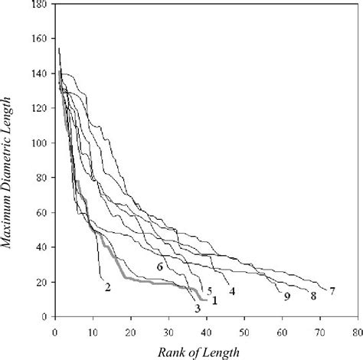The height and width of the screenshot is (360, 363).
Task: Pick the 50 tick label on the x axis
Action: pos(244,326)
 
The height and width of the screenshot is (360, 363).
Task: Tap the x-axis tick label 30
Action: pos(168,326)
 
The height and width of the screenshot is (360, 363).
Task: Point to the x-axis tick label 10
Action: pos(92,326)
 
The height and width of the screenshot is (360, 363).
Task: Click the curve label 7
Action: pos(333,291)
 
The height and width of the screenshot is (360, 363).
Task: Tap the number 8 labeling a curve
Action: pos(313,296)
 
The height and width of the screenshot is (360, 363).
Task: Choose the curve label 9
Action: pos(286,296)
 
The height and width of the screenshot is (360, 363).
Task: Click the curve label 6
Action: pos(159,267)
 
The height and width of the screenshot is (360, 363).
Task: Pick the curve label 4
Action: pos(231,290)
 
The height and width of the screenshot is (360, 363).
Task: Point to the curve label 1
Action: pos(215,301)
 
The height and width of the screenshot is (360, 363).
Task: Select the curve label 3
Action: pos(197,308)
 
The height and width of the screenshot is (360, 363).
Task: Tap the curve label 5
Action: pos(209,291)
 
